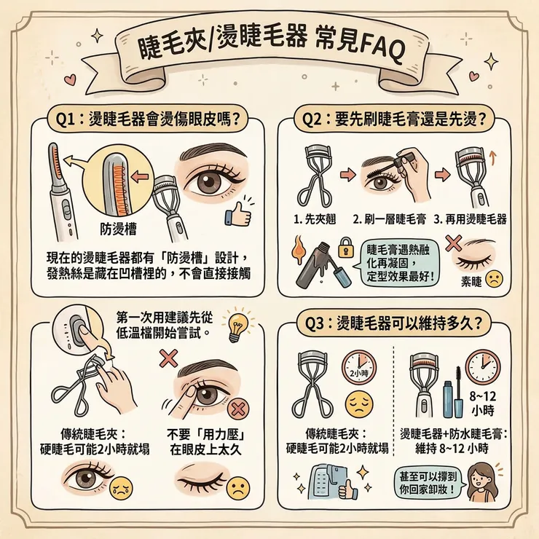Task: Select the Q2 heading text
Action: tap(396, 118)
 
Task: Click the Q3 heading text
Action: tap(400, 323)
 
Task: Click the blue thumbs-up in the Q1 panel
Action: tap(237, 213)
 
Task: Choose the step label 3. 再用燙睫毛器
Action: tap(470, 219)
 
